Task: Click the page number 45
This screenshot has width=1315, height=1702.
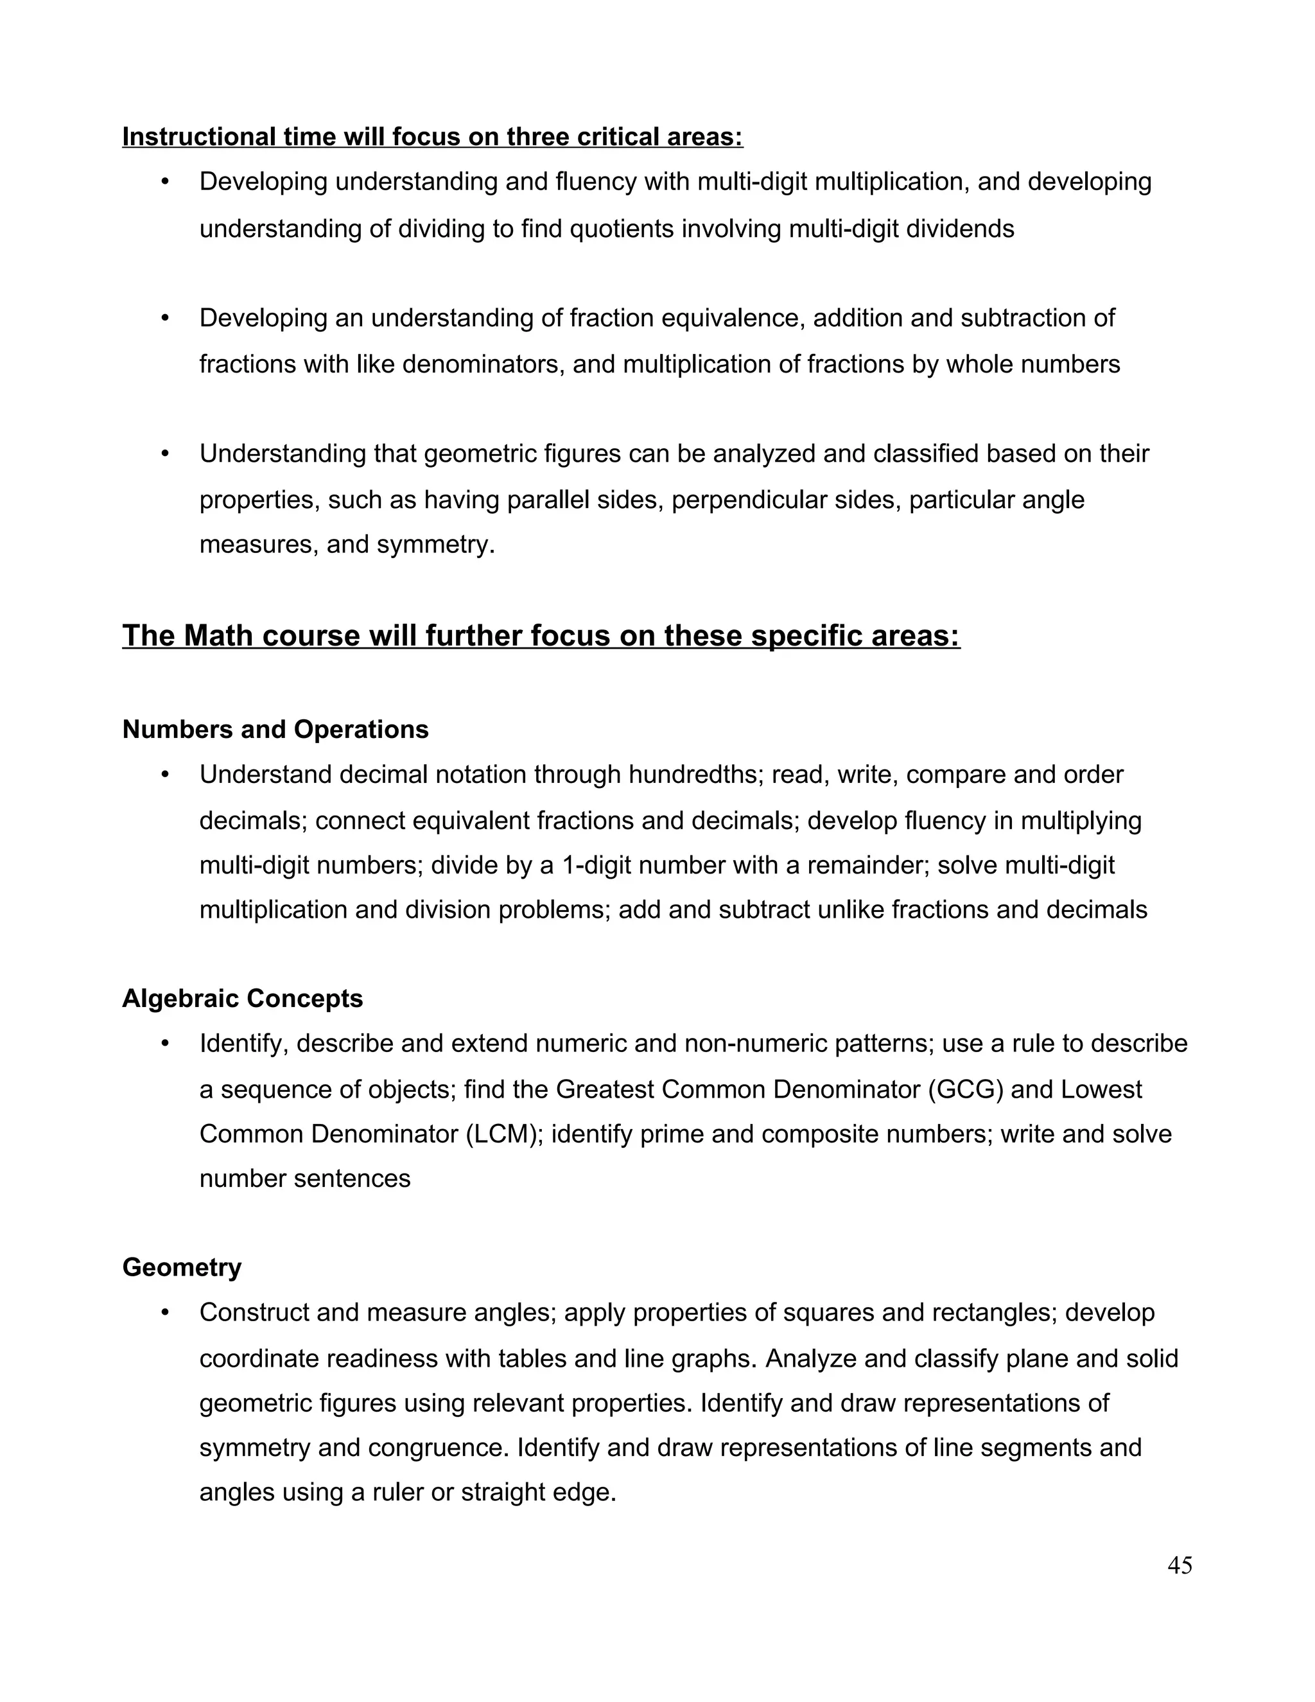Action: coord(1180,1565)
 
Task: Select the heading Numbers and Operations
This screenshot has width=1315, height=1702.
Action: coord(275,730)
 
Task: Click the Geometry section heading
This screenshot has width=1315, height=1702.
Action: coord(182,1267)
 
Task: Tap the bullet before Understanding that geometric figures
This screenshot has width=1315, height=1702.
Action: coord(164,453)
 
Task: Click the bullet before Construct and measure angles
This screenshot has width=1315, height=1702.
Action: coord(164,1312)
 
